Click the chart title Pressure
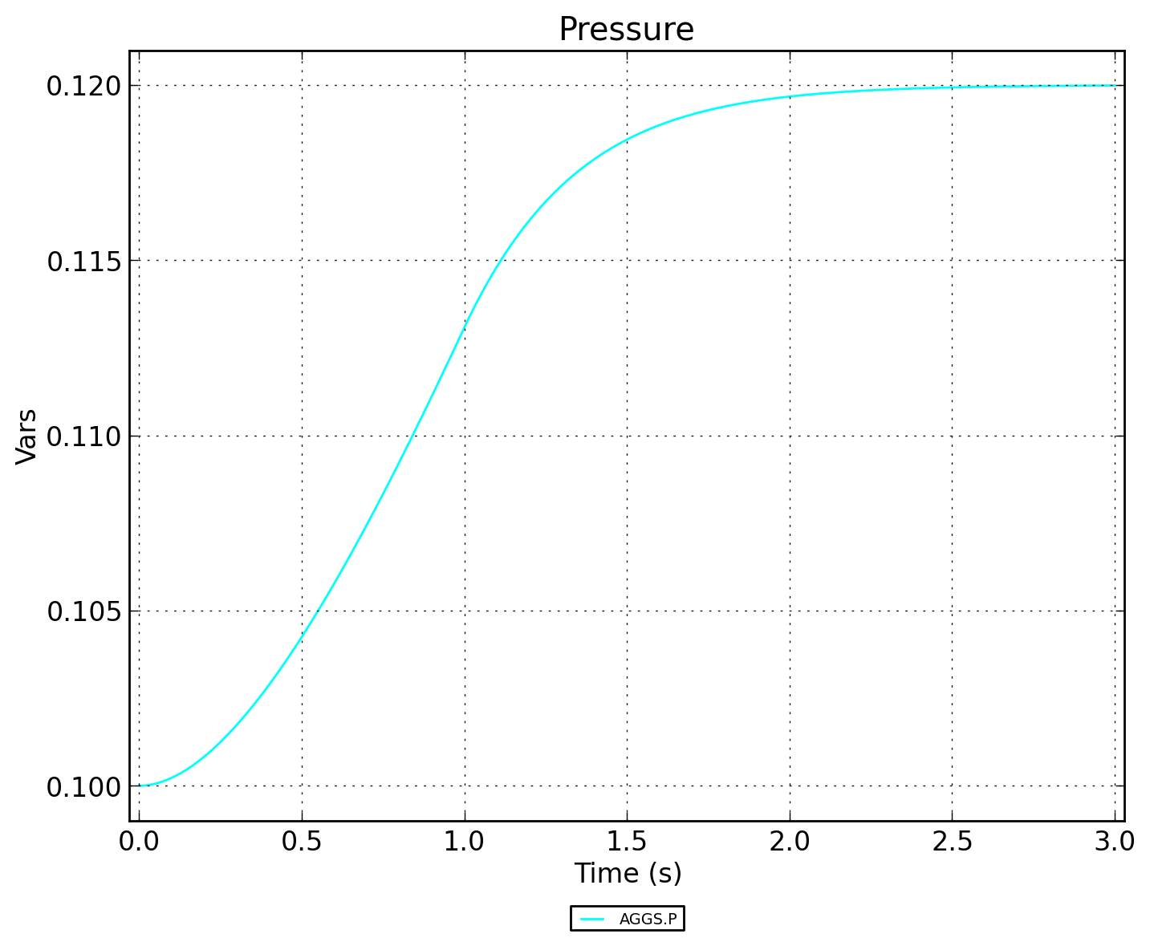[626, 30]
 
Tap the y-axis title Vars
[26, 436]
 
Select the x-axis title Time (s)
[628, 873]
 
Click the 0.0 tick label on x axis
[140, 842]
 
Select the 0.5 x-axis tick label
[302, 842]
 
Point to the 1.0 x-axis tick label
[465, 842]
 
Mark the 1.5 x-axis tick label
[627, 842]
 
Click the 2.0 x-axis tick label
[790, 842]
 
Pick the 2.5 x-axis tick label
[953, 842]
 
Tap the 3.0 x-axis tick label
[1115, 842]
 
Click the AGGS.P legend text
[648, 920]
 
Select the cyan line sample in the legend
[592, 919]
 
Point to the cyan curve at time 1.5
[627, 140]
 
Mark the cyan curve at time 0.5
[302, 634]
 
